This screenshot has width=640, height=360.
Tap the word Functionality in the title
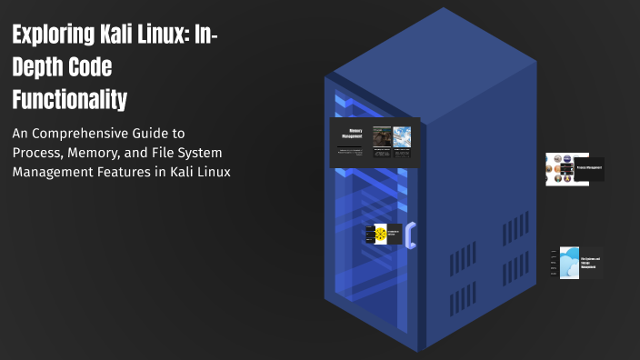click(x=69, y=97)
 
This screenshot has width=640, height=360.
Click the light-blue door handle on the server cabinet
click(x=411, y=235)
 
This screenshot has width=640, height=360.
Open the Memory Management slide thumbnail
click(x=374, y=143)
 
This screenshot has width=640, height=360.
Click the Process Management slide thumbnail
click(x=575, y=169)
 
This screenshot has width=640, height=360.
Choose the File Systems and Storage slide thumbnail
click(x=575, y=263)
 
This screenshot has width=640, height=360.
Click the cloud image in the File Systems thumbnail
click(x=568, y=263)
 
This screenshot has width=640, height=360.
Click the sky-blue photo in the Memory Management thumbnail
click(x=402, y=136)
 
